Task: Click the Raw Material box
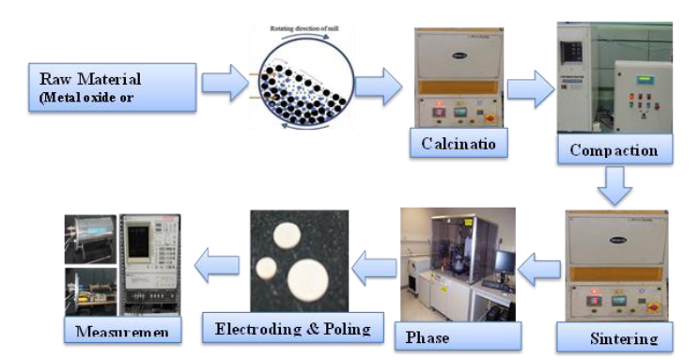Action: (x=112, y=88)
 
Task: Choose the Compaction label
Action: (x=612, y=149)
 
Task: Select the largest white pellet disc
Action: (x=309, y=279)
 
